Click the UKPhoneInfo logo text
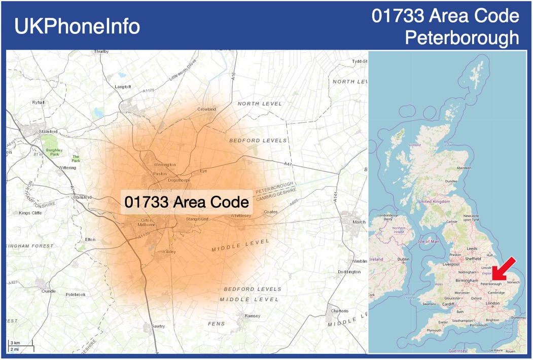tap(77, 26)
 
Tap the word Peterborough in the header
tap(463, 38)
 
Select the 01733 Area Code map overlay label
tap(187, 202)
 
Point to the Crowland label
tap(206, 109)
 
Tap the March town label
tap(359, 222)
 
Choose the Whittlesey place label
tap(241, 215)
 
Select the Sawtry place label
tap(158, 326)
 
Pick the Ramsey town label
tap(252, 316)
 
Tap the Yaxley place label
tap(168, 251)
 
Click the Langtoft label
tap(123, 87)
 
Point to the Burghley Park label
tap(53, 152)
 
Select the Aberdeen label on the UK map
tap(464, 167)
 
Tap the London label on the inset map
tap(492, 303)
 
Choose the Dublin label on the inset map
tap(403, 259)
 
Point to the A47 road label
tap(288, 164)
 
